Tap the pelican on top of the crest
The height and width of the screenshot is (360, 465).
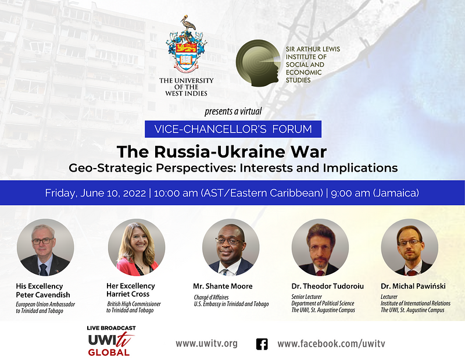[187, 23]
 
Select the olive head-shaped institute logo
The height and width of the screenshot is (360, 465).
[258, 63]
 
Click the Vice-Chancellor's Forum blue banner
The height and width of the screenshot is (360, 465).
[233, 129]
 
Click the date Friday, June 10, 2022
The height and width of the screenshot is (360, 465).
[95, 193]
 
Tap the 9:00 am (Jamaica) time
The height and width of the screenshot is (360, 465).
[375, 193]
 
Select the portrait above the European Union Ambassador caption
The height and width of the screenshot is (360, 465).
[45, 247]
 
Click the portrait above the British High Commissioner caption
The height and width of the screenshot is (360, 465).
[137, 247]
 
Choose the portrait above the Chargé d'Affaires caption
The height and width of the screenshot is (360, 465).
[231, 247]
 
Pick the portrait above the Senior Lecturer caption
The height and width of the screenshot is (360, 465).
[320, 247]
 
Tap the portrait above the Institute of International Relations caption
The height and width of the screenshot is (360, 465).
[410, 247]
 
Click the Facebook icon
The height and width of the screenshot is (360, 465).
[262, 344]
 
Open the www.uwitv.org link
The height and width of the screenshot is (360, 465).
[206, 344]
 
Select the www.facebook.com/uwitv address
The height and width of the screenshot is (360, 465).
[331, 344]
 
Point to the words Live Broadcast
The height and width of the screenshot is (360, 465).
[111, 328]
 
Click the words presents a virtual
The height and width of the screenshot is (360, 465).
[233, 112]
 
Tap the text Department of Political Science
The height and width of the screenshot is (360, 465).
[323, 304]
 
